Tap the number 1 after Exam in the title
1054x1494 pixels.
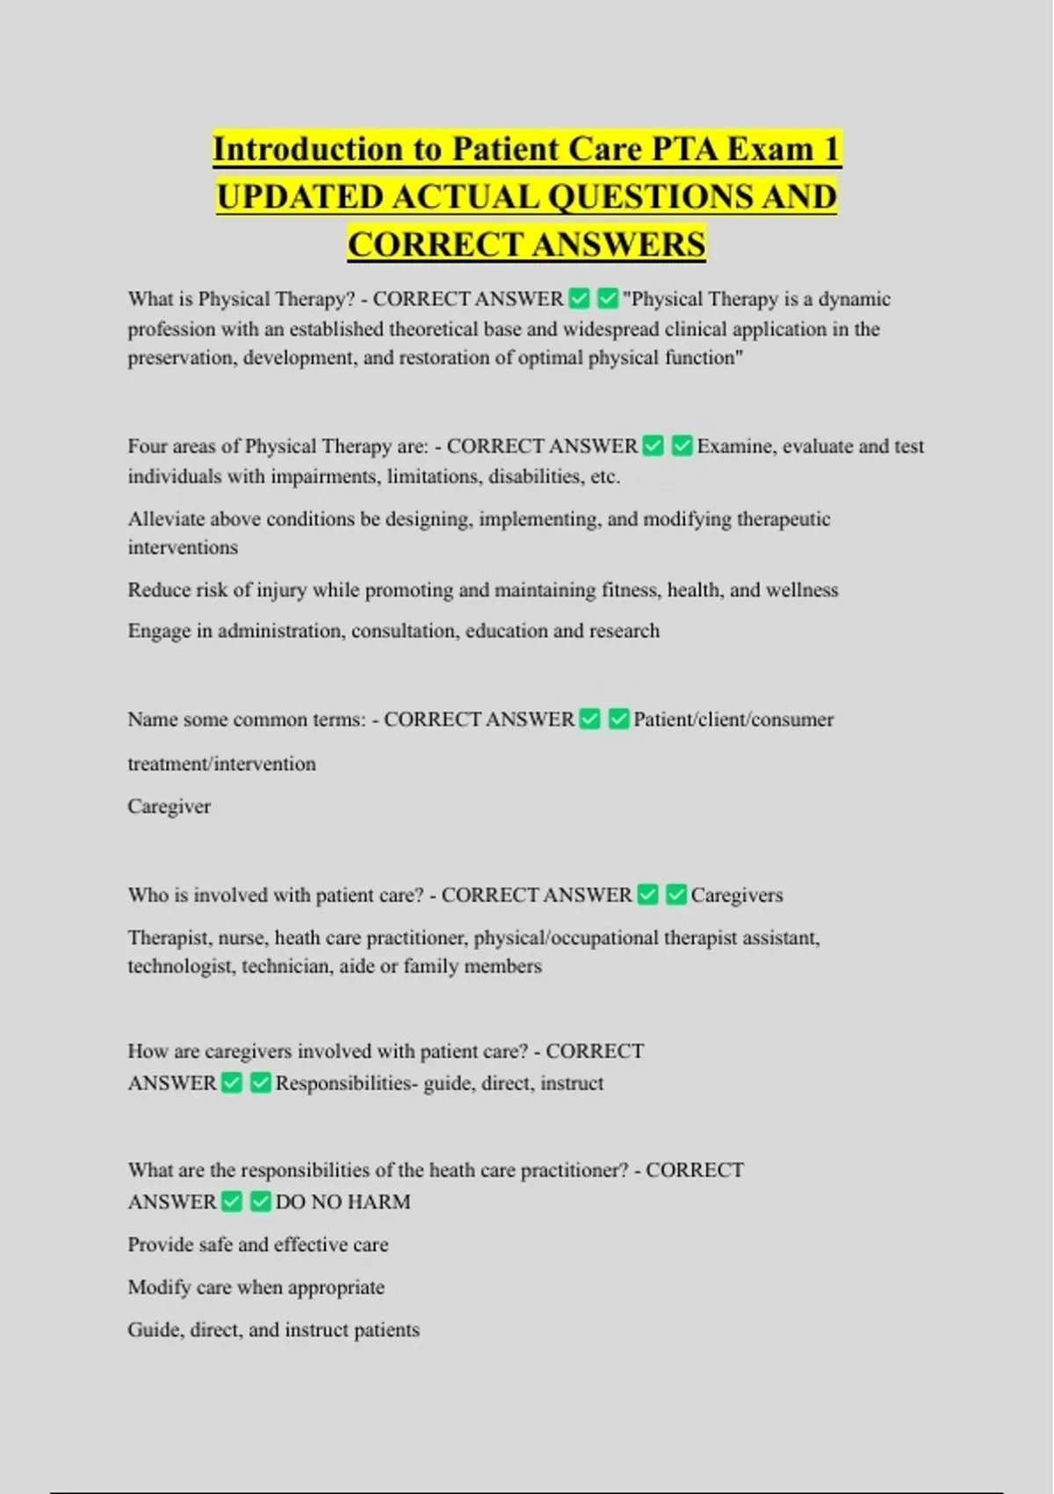831,149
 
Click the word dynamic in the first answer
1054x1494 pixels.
854,299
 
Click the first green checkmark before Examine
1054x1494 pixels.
653,446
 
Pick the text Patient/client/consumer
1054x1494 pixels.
733,719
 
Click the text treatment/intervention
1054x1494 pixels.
221,764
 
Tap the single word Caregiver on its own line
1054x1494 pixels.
169,806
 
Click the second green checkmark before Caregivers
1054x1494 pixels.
675,895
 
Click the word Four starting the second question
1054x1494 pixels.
147,446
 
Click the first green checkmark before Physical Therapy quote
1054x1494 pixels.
579,299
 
